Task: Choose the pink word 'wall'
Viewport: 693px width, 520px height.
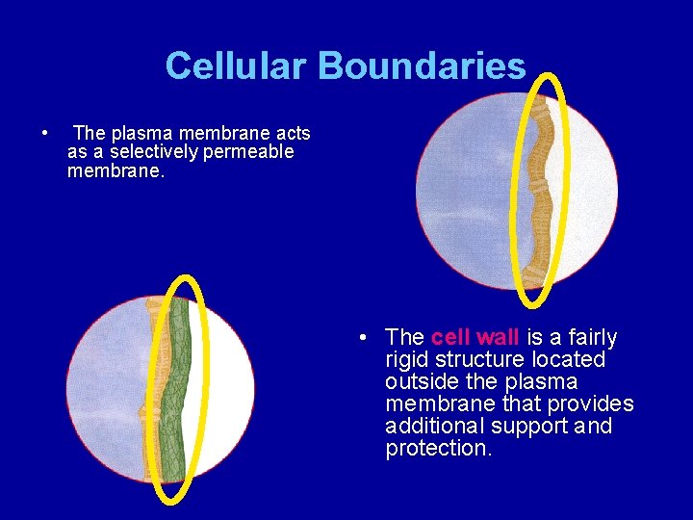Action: (498, 337)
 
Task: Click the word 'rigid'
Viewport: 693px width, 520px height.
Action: (405, 359)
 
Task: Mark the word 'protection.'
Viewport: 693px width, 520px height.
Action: (438, 449)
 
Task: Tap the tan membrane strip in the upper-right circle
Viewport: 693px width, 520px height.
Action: (542, 193)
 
